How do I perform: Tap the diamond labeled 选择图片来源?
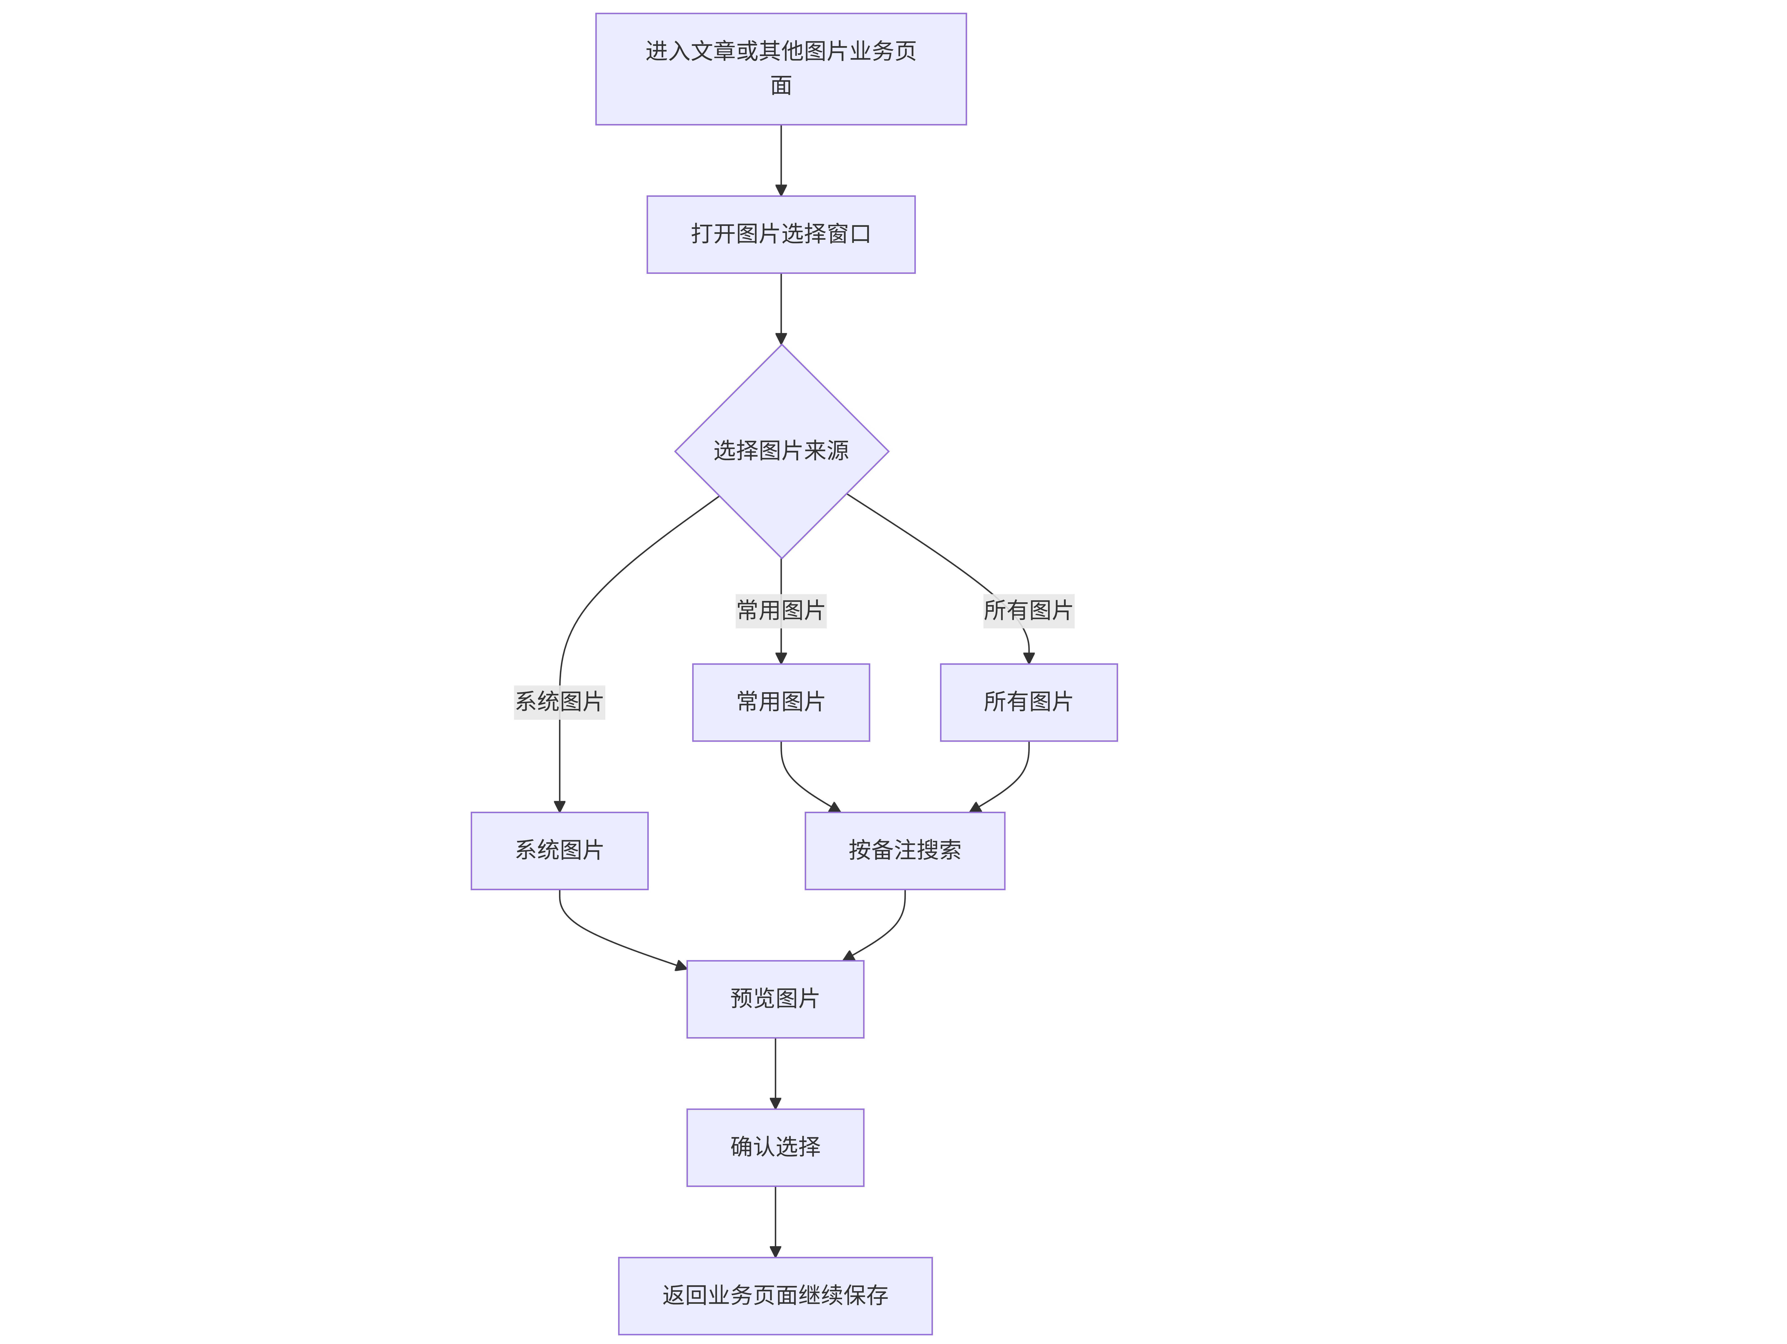pyautogui.click(x=781, y=451)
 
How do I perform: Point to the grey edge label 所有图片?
pyautogui.click(x=1028, y=610)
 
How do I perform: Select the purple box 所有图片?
pyautogui.click(x=1028, y=702)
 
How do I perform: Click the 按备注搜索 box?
pyautogui.click(x=905, y=850)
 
